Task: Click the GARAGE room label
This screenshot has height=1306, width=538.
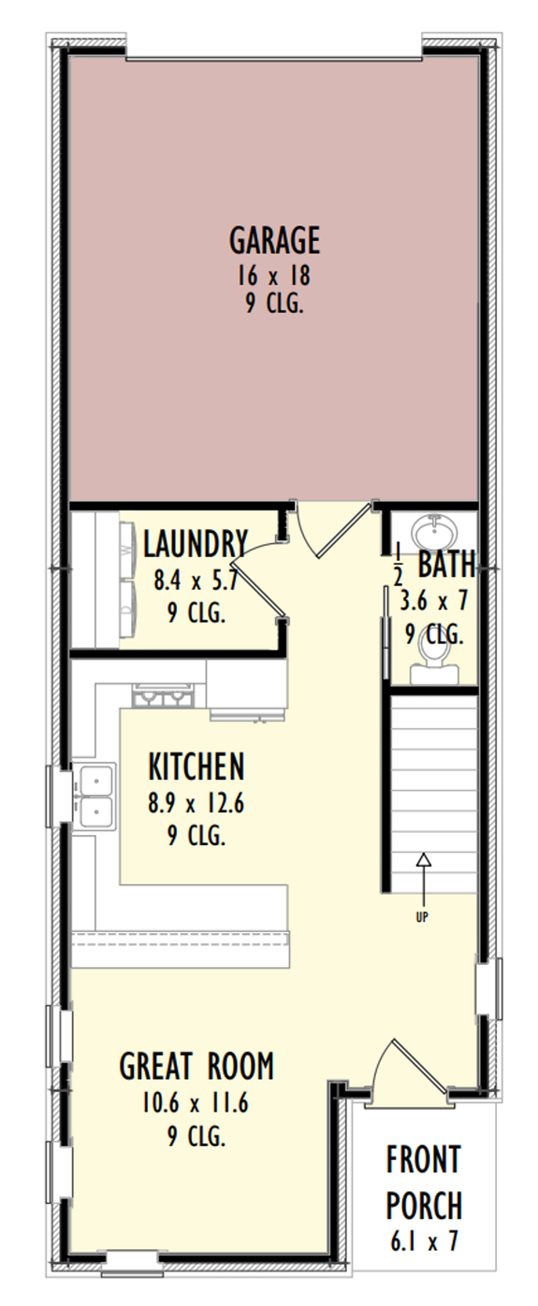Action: (274, 240)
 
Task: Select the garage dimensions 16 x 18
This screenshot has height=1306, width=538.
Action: (274, 277)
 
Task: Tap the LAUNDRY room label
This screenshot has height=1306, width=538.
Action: (196, 543)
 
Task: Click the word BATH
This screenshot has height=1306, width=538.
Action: (445, 565)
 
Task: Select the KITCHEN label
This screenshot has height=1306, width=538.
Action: (196, 768)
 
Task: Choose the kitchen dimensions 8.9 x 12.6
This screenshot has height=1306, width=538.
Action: (196, 803)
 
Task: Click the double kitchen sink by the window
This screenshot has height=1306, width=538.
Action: (96, 796)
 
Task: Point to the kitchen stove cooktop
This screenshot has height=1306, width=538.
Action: (163, 697)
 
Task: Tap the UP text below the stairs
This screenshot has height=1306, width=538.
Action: (422, 917)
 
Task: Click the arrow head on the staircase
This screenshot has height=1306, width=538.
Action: (423, 858)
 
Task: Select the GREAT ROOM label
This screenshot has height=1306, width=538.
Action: (196, 1066)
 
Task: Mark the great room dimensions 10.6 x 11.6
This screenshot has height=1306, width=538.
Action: (196, 1103)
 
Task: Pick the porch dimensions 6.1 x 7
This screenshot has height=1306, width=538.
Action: (424, 1241)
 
